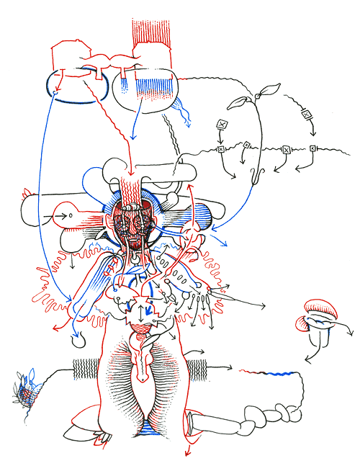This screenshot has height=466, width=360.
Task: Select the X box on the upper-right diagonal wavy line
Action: (x=307, y=114)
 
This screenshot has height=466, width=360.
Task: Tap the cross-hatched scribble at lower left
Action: (x=27, y=393)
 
